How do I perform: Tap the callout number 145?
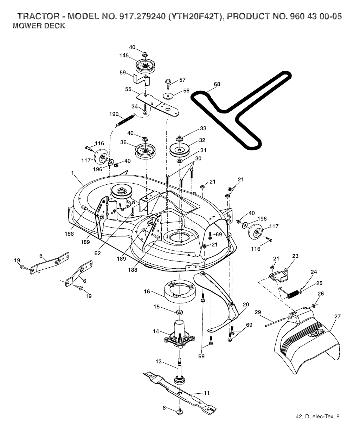124,55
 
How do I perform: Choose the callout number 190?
114,114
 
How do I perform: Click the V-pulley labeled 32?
179,150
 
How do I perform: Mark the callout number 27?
337,316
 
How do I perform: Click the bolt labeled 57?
168,84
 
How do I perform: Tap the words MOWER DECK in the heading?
39,26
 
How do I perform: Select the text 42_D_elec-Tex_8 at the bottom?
317,417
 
